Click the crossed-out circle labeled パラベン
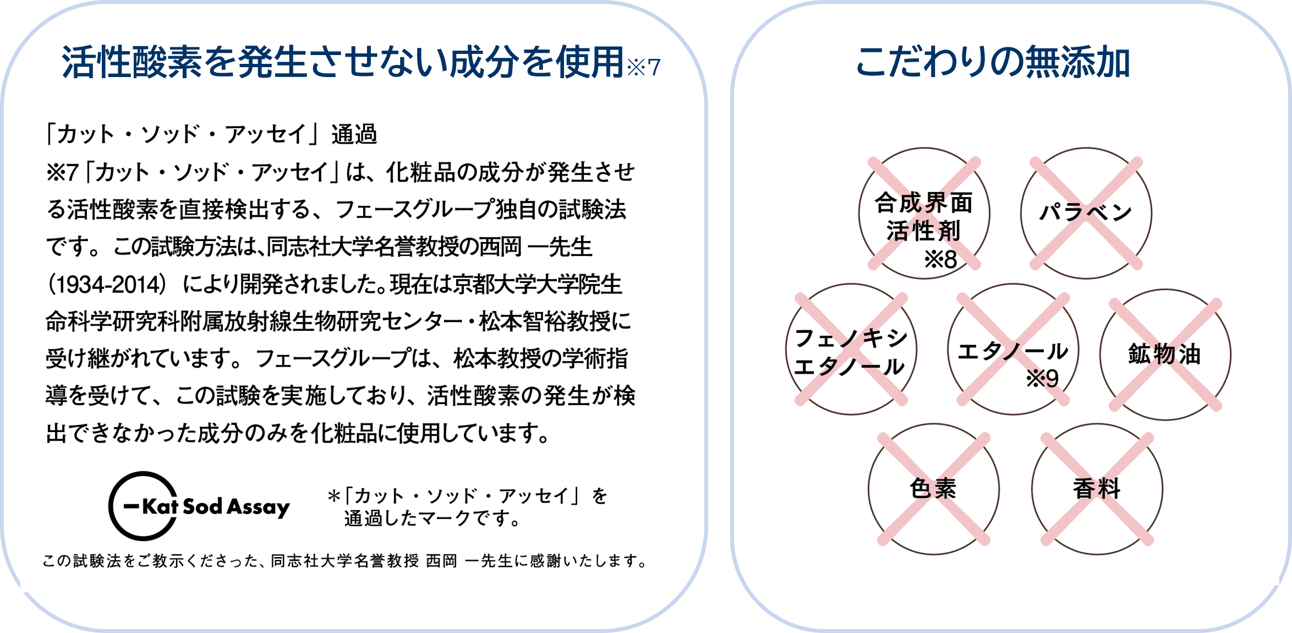point(1086,213)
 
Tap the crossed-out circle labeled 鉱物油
point(1165,355)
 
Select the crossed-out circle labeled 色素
point(933,489)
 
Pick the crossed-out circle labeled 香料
point(1097,489)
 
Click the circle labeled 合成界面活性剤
point(924,214)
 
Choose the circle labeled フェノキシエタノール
point(851,350)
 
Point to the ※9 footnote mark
point(1042,379)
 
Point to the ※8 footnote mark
point(940,259)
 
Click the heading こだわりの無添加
point(993,62)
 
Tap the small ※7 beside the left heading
point(643,68)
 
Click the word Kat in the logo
point(160,506)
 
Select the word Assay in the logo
point(258,507)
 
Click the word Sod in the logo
point(202,506)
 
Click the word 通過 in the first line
point(354,134)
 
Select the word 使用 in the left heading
point(589,62)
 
